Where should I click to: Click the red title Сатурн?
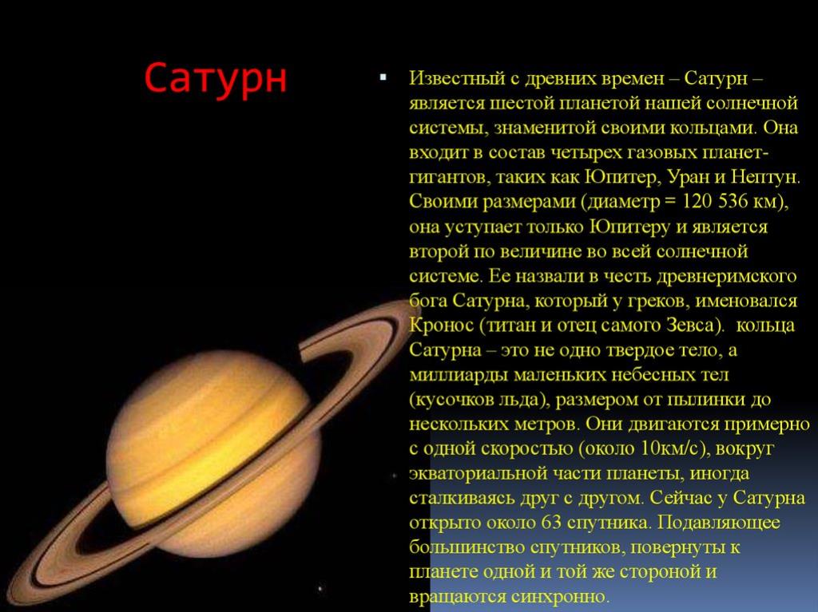[215, 78]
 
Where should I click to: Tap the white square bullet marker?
[383, 77]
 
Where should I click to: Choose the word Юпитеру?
[629, 227]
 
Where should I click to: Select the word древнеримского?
[726, 276]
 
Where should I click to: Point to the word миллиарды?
[458, 375]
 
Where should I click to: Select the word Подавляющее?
[719, 523]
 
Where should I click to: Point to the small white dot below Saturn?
[320, 589]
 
